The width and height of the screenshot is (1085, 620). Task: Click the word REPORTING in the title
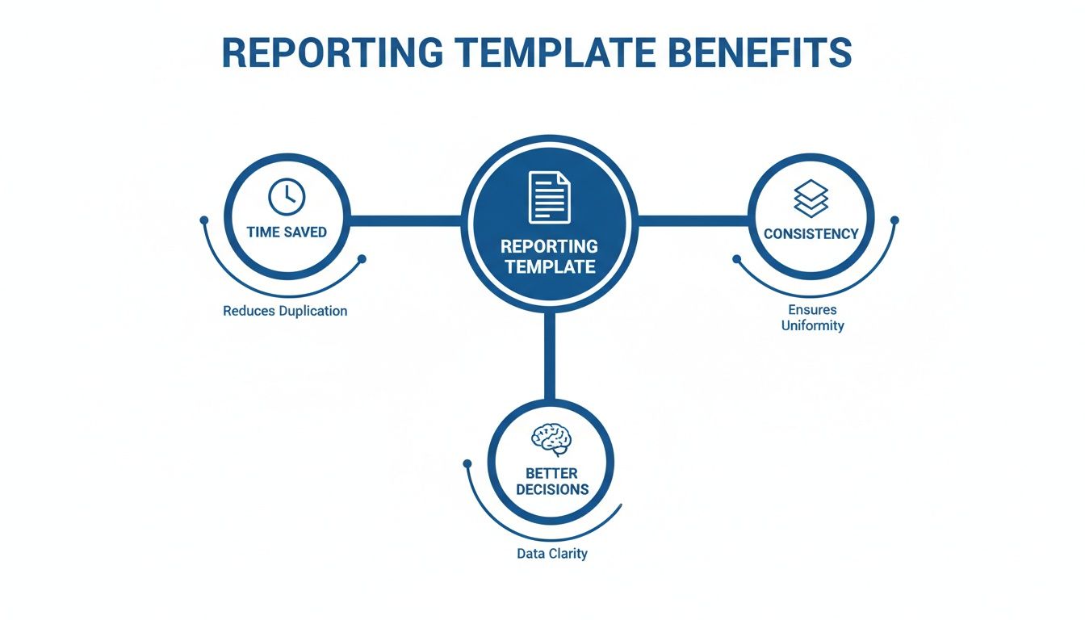tap(332, 52)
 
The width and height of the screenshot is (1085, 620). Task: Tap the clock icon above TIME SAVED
tap(287, 195)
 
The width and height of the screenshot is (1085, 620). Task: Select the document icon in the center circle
tap(550, 197)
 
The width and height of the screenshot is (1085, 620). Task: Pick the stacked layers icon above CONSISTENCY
tap(811, 198)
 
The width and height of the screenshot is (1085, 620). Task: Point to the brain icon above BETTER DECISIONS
tap(551, 440)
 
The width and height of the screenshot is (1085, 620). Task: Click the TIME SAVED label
tap(287, 232)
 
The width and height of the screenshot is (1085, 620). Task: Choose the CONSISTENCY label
tap(811, 234)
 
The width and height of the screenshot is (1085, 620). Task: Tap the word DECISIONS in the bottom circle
tap(552, 489)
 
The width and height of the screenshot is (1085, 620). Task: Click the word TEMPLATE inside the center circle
tap(550, 266)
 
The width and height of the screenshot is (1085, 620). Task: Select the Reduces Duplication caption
tap(285, 311)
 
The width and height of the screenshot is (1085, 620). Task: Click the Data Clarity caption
tap(552, 554)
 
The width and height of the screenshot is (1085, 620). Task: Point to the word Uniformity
tap(812, 326)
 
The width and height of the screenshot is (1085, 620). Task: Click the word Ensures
tap(812, 309)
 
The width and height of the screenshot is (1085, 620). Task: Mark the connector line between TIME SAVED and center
tap(406, 218)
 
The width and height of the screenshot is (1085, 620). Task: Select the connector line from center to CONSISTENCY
tap(693, 218)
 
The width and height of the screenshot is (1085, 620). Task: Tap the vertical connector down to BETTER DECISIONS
tap(550, 355)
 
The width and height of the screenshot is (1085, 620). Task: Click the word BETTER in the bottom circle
tap(552, 472)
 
